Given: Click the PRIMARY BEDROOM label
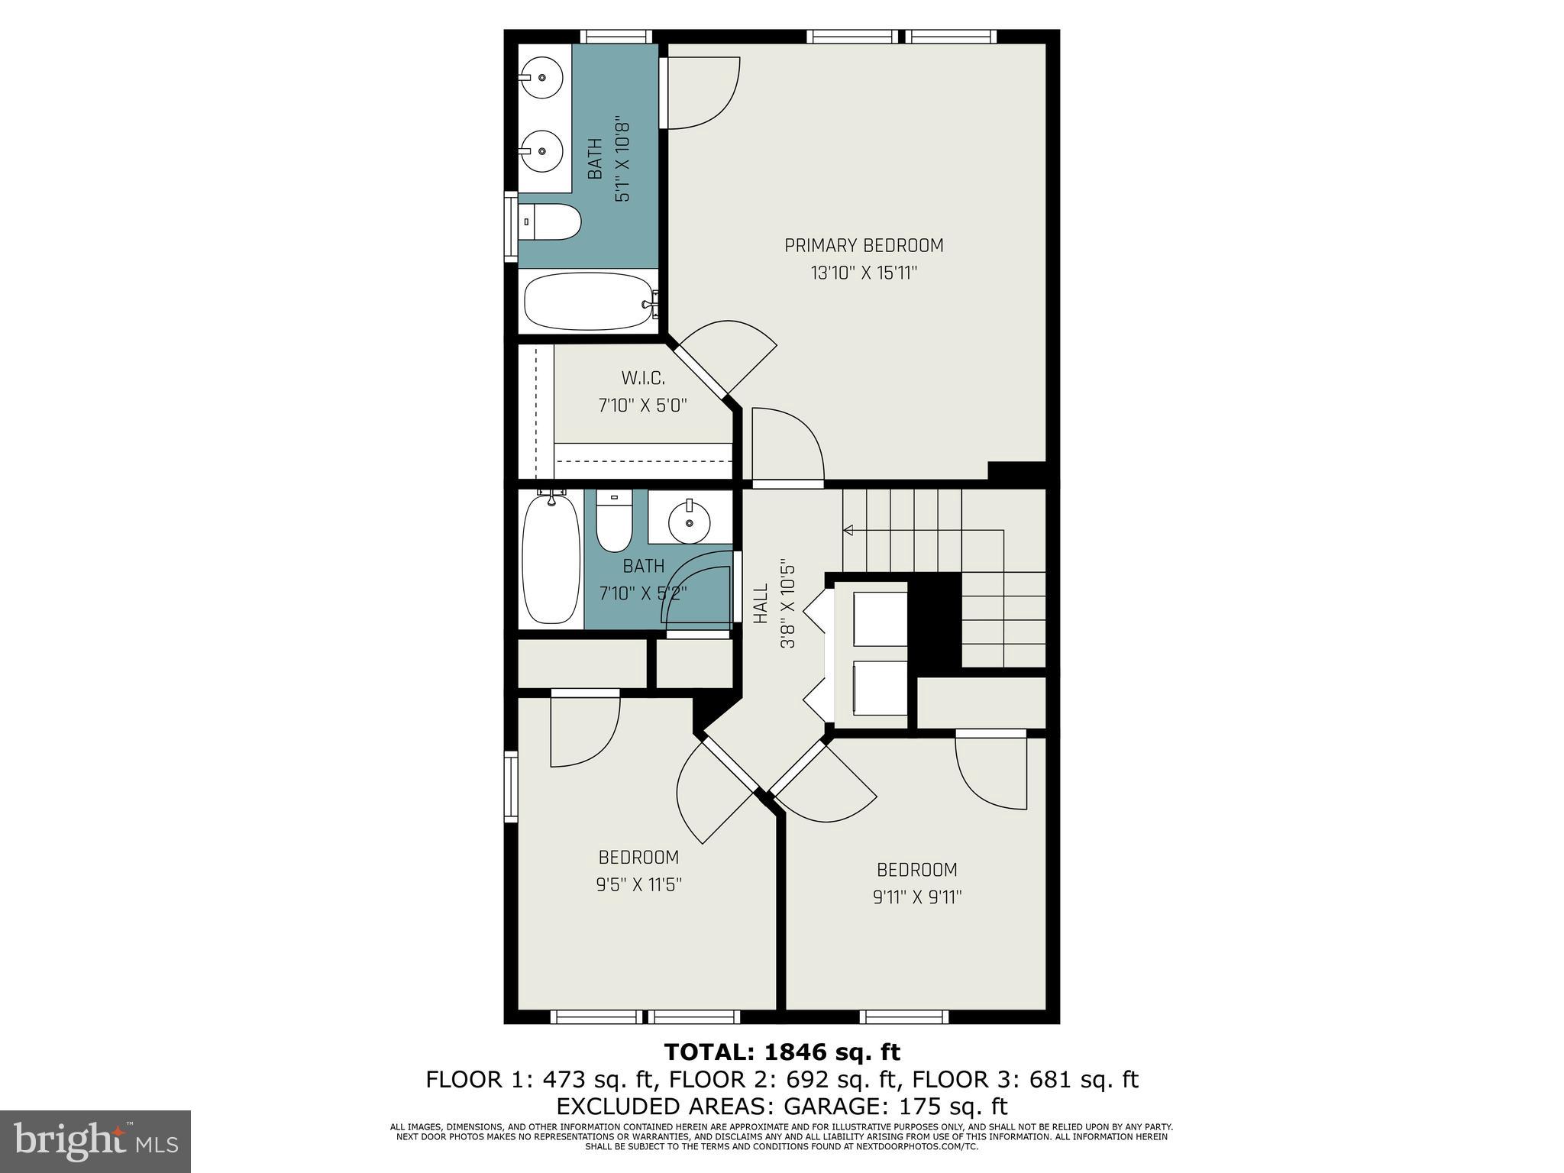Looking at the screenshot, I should point(864,245).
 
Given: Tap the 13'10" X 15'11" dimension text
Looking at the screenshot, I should point(864,273).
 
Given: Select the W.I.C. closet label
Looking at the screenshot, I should point(642,378).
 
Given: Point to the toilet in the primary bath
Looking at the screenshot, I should point(551,221).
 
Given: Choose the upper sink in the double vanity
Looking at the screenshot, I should point(541,78).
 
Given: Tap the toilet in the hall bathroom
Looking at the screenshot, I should point(614,522).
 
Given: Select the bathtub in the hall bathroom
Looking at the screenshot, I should point(550,560).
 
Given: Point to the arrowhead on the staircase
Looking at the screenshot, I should point(847,529).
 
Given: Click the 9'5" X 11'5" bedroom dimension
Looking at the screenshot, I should point(638,884).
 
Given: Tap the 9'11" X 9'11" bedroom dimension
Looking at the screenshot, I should point(916,897).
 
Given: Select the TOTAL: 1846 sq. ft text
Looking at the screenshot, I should point(782,1052).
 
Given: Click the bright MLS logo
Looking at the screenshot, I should point(95,1141).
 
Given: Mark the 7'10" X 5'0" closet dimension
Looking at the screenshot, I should point(642,405).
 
